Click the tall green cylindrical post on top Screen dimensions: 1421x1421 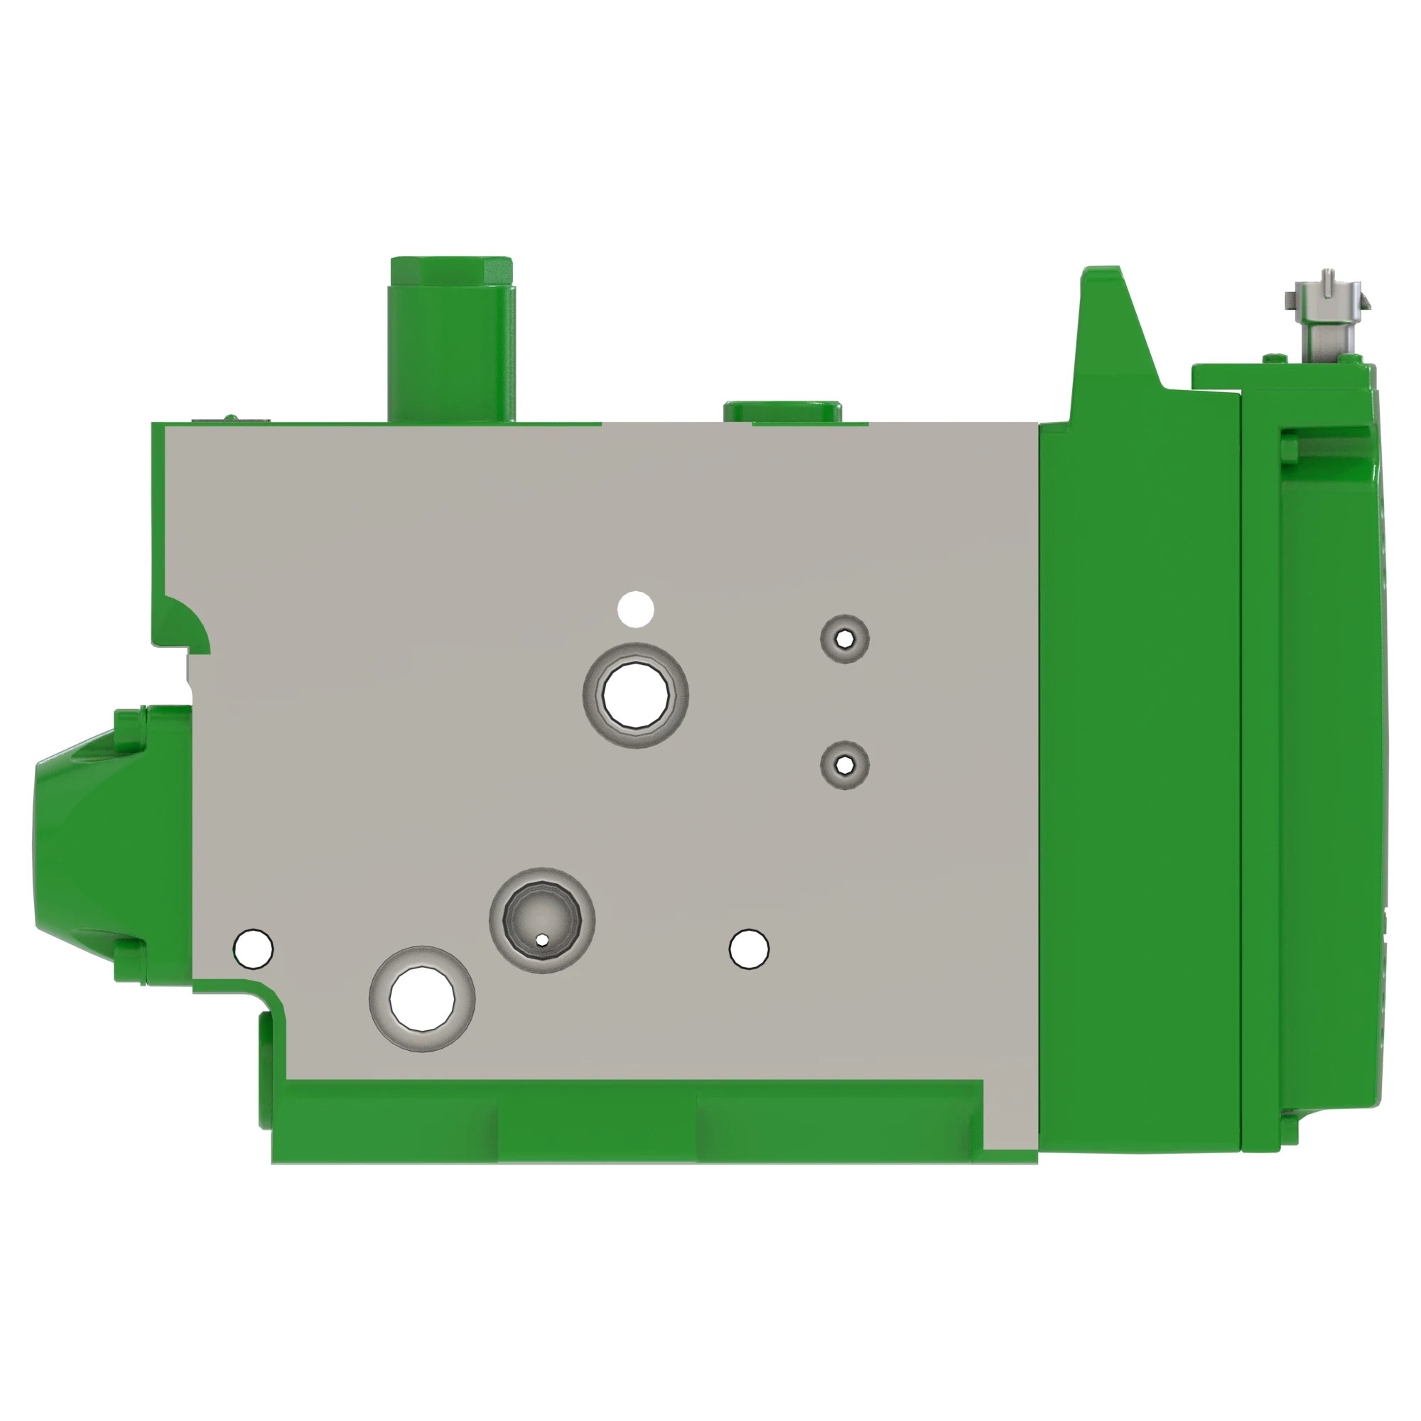tap(451, 338)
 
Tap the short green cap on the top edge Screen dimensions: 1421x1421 tap(782, 411)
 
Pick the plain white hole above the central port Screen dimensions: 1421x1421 tap(635, 609)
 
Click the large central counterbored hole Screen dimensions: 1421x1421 tap(635, 695)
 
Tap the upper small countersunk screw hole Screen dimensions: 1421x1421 tap(845, 639)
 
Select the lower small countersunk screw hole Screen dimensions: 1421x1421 tap(845, 766)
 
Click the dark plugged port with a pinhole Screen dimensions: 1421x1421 tap(542, 920)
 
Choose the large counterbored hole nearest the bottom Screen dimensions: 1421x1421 tap(421, 999)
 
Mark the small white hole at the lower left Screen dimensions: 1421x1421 tap(253, 949)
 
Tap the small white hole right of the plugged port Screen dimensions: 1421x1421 tap(749, 949)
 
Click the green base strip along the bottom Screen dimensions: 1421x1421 tap(625, 1122)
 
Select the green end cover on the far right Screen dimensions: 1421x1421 tap(1309, 772)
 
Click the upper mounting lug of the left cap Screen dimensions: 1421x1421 tap(129, 730)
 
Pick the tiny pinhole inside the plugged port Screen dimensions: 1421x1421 tap(542, 940)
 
